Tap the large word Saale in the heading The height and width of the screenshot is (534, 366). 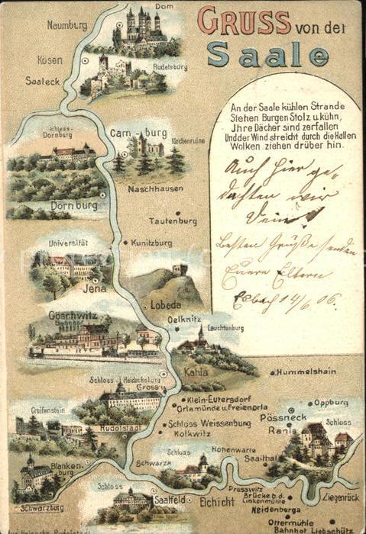[268, 54]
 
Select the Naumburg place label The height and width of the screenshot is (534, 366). [66, 24]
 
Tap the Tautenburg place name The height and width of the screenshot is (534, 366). [172, 220]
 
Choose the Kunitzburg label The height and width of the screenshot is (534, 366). [151, 243]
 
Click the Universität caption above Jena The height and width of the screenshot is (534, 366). [68, 243]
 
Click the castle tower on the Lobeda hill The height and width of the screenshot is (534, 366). [180, 269]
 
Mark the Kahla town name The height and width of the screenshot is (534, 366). [196, 372]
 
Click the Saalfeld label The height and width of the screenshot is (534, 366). [170, 499]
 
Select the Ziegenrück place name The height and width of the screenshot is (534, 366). [340, 497]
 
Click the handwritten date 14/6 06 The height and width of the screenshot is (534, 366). [306, 298]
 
